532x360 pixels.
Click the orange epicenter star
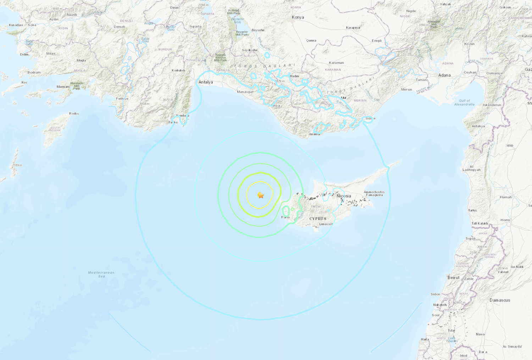261,195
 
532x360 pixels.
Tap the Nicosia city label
344,196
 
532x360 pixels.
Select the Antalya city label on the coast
206,82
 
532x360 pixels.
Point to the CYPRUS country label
317,218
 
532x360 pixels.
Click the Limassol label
326,224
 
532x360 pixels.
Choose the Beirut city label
453,278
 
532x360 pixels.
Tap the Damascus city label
500,300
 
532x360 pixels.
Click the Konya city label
298,17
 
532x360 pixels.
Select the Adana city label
444,75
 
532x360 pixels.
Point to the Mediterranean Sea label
101,274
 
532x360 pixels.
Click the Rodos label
74,113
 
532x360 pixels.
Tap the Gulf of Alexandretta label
464,103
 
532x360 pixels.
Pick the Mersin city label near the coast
406,89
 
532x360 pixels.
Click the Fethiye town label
122,99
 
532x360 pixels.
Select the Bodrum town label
34,72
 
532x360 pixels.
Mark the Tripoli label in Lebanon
471,238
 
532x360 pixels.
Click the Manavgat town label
245,92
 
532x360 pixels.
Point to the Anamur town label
315,134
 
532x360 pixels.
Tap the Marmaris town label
63,87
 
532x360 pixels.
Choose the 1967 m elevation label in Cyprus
315,207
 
